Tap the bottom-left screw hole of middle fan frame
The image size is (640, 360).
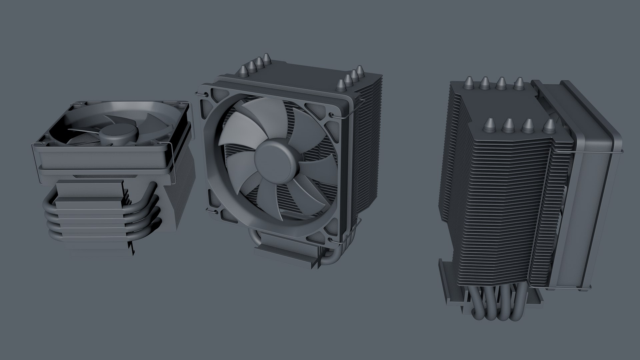(211, 210)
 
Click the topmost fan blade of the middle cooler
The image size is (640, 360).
(263, 117)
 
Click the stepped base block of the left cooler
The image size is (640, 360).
(90, 217)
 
